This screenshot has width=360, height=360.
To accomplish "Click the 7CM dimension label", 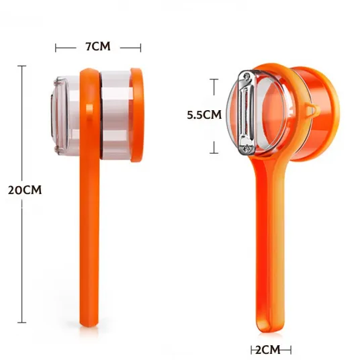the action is (x=98, y=46).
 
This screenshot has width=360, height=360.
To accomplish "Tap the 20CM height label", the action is (x=25, y=190).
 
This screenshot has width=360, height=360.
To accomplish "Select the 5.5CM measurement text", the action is (x=204, y=115).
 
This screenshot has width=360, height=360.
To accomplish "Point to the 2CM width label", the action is (x=268, y=350).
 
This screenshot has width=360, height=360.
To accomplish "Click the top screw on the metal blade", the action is (x=246, y=75).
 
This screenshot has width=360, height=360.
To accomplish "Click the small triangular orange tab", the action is (x=312, y=110).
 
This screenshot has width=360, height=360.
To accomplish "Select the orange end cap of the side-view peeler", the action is (x=137, y=115).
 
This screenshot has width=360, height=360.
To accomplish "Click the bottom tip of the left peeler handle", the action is (x=89, y=326).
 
